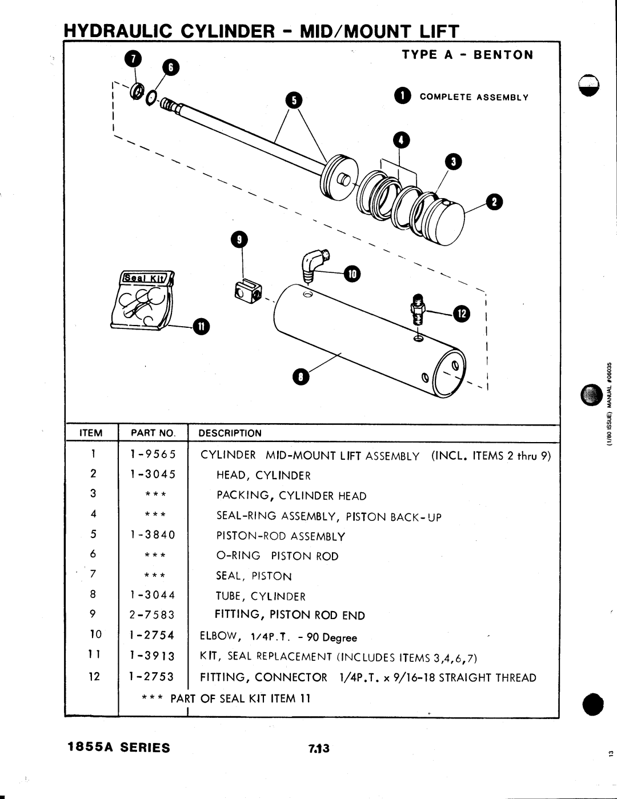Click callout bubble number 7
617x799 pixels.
tap(133, 59)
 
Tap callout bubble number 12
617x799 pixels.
tap(462, 314)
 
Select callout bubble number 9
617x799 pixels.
tap(239, 240)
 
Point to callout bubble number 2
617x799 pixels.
tap(494, 202)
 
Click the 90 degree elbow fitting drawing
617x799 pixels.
tap(313, 266)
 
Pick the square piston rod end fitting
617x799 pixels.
tap(247, 291)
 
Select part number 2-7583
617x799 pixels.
tap(152, 615)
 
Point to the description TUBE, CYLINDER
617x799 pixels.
tap(261, 596)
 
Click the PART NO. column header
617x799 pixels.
tap(153, 433)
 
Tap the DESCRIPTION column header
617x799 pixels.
tap(230, 433)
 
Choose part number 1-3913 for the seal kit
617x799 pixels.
tap(152, 656)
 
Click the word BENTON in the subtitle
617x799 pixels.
tap(503, 55)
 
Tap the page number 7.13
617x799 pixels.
tap(319, 748)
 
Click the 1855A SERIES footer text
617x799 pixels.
tap(119, 748)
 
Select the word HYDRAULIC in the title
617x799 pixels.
tap(118, 31)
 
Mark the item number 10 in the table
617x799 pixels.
tap(95, 634)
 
